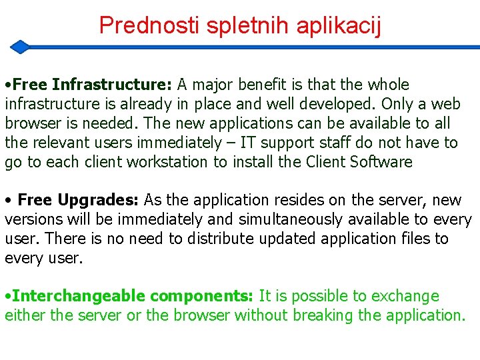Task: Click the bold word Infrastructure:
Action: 112,85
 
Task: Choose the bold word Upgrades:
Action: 99,200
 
